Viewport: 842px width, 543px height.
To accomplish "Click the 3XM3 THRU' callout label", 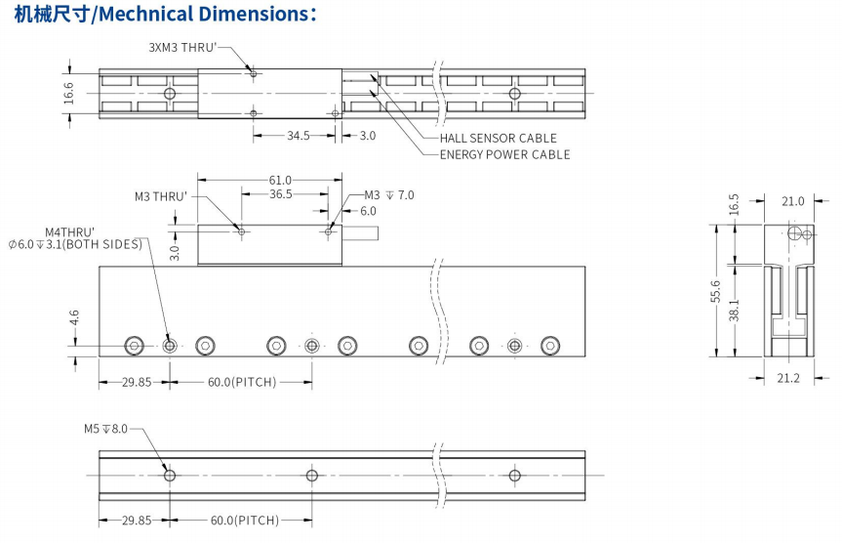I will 182,47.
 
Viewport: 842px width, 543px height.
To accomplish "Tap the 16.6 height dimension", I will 68,93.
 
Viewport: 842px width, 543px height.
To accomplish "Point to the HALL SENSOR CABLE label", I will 498,139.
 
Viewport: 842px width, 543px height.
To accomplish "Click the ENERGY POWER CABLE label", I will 504,154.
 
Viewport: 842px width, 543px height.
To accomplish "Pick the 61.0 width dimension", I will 280,180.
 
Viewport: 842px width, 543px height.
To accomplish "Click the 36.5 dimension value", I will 280,194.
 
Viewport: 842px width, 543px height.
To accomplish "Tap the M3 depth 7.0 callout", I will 389,195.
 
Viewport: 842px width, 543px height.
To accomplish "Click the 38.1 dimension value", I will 734,311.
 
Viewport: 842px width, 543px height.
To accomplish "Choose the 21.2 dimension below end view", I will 788,378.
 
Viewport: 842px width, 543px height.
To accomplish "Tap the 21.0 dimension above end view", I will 792,202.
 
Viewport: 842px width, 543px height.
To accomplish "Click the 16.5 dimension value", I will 734,204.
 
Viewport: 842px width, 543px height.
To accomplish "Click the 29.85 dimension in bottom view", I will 137,520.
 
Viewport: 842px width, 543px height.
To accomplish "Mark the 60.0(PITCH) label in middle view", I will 242,382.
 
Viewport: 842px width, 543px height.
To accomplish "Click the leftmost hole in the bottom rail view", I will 171,476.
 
